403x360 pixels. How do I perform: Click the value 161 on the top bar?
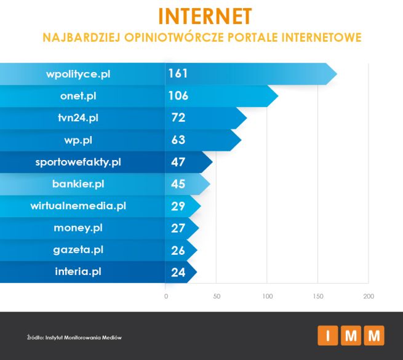[x=178, y=74]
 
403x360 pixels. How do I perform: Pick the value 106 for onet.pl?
[x=178, y=96]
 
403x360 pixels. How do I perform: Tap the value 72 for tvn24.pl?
[x=178, y=118]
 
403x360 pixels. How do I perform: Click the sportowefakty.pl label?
[x=78, y=162]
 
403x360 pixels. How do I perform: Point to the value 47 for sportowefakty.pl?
[x=178, y=162]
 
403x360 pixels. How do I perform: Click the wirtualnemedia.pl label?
[x=78, y=206]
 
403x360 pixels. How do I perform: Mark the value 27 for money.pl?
[x=178, y=228]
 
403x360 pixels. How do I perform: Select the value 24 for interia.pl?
[x=178, y=271]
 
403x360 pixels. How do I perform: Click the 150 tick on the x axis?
[x=317, y=297]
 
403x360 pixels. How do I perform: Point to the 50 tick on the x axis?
[x=217, y=297]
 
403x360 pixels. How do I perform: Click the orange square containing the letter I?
[x=327, y=337]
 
